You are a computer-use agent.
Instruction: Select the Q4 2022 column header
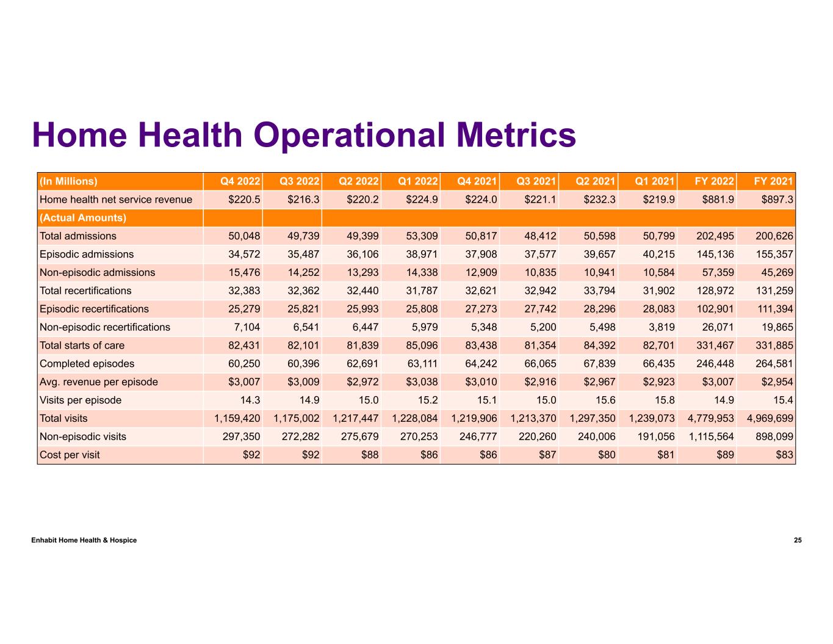[240, 181]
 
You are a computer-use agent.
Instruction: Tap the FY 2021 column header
[773, 181]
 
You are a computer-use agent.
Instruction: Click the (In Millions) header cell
[68, 181]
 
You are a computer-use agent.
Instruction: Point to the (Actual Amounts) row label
[83, 218]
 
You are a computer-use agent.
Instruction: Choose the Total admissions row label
[78, 236]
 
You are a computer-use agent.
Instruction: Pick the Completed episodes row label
[86, 364]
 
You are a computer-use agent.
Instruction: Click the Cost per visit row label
[70, 455]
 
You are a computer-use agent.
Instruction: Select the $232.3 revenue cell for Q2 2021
[597, 200]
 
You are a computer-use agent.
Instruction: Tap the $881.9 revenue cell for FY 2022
[715, 200]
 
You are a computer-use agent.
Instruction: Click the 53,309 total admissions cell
[419, 236]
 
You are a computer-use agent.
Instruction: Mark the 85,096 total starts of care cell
[419, 346]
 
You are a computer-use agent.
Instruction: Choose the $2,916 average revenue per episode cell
[538, 382]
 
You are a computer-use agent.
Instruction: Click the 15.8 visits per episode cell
[665, 400]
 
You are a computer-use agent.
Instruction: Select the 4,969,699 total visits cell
[770, 419]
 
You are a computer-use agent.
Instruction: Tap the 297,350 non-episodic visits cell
[240, 437]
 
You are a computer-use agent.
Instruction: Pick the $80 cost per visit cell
[605, 455]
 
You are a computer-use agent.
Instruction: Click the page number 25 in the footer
[798, 540]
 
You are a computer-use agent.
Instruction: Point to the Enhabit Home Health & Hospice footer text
[84, 540]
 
